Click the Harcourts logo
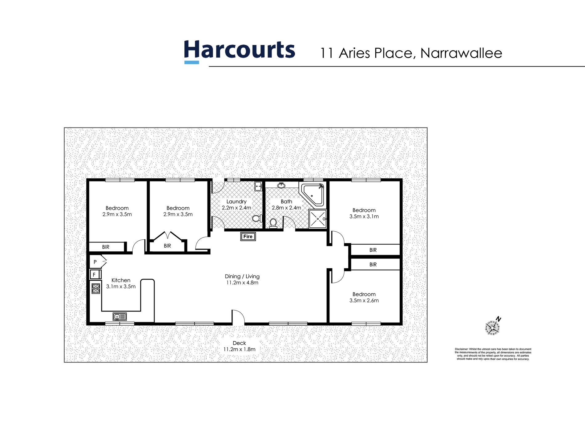click(240, 51)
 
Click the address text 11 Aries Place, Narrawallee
click(411, 53)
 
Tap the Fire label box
click(248, 236)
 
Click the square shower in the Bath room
click(317, 219)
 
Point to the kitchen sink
click(119, 316)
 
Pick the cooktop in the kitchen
click(96, 288)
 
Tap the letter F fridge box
click(95, 274)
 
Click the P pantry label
click(95, 262)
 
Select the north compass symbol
click(492, 327)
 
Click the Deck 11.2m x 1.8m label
click(239, 346)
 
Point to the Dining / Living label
click(242, 279)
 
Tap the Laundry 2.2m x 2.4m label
click(236, 205)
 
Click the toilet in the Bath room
click(273, 223)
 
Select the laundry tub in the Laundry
click(258, 186)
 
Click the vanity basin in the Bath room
click(281, 185)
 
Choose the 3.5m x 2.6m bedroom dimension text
click(364, 300)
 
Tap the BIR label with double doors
click(167, 246)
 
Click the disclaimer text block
click(493, 354)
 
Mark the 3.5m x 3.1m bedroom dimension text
click(364, 216)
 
